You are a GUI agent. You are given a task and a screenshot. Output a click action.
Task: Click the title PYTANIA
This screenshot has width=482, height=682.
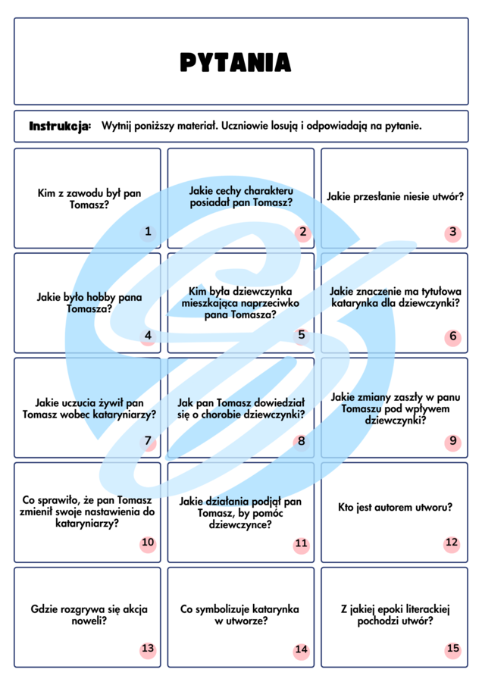[235, 62]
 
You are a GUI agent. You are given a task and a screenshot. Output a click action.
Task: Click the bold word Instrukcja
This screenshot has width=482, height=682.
[60, 125]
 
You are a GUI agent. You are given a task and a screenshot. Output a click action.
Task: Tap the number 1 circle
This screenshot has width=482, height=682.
[148, 232]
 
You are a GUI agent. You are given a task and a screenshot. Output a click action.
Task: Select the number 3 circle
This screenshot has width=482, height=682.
[453, 232]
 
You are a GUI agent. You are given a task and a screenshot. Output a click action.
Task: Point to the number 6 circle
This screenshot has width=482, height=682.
[453, 336]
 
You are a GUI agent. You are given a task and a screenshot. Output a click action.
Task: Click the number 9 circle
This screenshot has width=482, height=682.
[453, 441]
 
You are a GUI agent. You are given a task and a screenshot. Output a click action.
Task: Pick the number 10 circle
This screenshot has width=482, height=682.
[148, 543]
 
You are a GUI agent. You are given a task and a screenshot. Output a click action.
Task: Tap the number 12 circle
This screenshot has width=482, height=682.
[452, 543]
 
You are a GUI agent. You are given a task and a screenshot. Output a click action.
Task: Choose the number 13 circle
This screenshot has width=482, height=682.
[148, 649]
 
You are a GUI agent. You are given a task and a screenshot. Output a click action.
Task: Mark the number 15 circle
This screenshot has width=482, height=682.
[453, 649]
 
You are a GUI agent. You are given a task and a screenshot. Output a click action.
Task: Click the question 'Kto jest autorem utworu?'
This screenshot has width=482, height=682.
[395, 507]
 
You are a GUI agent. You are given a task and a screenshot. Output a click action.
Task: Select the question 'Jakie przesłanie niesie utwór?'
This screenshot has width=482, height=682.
[395, 197]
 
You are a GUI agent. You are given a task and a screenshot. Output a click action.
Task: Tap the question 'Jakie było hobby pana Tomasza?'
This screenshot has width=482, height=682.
[89, 303]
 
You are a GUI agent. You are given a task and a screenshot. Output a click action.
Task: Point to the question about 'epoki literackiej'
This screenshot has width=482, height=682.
[395, 615]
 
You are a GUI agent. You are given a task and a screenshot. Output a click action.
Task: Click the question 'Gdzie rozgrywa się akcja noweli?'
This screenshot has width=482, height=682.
[89, 615]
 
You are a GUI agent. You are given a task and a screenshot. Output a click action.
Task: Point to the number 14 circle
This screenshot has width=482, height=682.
[302, 649]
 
